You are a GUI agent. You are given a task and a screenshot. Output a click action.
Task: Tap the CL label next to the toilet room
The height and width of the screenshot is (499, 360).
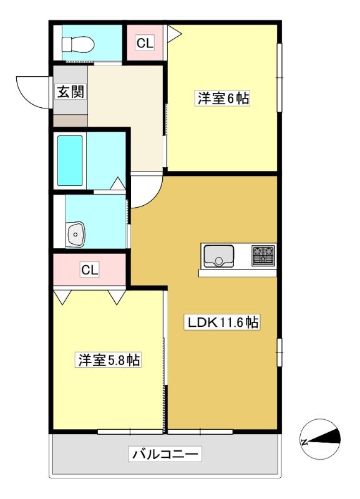(145, 42)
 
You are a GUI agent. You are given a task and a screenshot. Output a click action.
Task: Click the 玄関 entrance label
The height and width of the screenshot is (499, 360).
(71, 92)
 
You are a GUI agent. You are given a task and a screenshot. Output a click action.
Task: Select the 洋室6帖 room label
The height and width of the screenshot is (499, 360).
(222, 98)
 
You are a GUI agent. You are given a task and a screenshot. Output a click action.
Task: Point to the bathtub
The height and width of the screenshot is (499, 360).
(70, 161)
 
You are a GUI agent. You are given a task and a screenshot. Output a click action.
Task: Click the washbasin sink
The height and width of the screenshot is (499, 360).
(75, 235)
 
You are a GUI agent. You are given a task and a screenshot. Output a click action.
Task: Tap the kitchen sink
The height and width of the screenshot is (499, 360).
(218, 256)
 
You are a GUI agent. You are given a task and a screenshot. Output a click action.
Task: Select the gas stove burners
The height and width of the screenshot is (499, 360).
(263, 255)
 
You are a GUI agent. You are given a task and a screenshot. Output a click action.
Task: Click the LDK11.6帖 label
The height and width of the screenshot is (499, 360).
(222, 322)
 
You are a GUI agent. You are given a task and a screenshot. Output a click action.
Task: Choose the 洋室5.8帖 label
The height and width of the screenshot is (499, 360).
(108, 360)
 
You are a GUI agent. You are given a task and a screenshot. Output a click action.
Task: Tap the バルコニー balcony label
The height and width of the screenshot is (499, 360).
(165, 453)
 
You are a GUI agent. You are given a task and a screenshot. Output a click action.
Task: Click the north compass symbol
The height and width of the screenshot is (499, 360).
(321, 439)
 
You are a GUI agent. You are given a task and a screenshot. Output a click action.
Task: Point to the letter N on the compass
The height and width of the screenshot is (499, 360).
(304, 442)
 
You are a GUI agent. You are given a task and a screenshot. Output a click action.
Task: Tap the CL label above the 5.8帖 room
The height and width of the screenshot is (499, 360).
(90, 270)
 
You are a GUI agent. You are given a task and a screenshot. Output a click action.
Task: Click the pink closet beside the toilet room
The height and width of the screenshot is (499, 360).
(145, 42)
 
